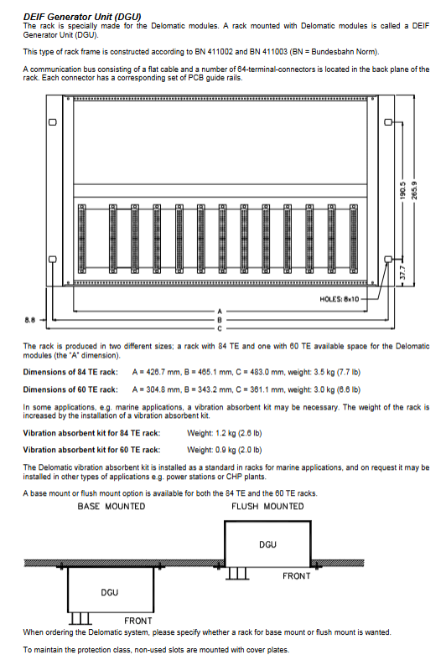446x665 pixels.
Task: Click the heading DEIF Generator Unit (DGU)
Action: (x=82, y=17)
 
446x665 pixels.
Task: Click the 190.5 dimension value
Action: (x=402, y=190)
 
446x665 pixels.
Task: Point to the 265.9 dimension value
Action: (x=415, y=190)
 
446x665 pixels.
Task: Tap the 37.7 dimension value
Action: (x=402, y=272)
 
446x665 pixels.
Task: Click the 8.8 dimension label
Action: (x=29, y=320)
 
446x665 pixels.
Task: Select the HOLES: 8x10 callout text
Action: (x=339, y=299)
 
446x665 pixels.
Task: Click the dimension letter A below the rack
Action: (x=220, y=312)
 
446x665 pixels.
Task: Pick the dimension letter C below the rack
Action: (x=220, y=328)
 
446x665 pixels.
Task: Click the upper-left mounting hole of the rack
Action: (x=53, y=122)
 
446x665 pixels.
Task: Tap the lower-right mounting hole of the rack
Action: (x=388, y=259)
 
